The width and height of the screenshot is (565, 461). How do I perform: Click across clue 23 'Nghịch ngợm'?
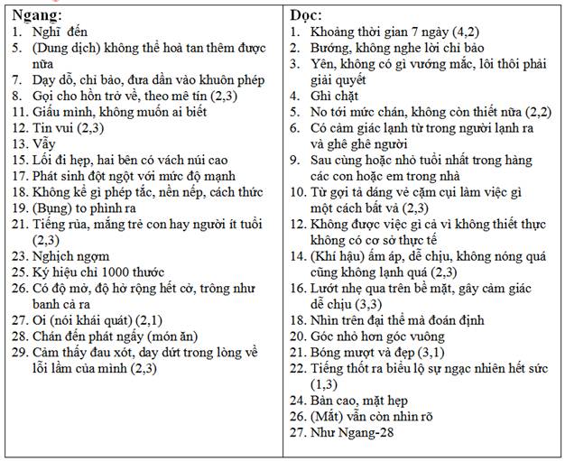[73, 257]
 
